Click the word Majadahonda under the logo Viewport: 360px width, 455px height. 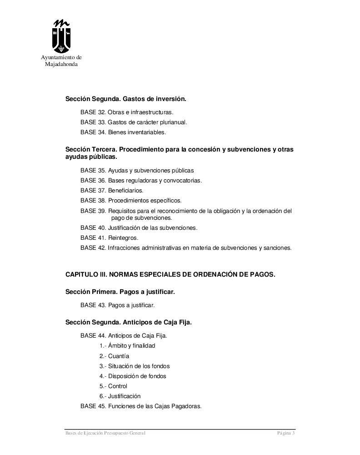(x=61, y=65)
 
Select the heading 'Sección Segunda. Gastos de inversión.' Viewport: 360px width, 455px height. (x=126, y=99)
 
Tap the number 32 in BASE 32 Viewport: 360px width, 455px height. (x=102, y=112)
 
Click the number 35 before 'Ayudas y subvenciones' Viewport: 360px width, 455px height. (x=102, y=171)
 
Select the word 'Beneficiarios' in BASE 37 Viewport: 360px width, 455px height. (x=125, y=191)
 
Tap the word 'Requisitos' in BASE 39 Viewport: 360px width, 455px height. (x=122, y=211)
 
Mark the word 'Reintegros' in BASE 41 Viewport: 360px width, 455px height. (x=123, y=238)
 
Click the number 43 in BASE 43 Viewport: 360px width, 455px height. (x=102, y=305)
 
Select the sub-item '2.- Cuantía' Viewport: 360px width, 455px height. (x=115, y=356)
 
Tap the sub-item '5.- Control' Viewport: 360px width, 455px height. (x=114, y=386)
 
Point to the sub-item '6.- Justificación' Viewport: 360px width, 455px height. (x=120, y=396)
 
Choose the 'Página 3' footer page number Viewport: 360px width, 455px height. (x=286, y=433)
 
